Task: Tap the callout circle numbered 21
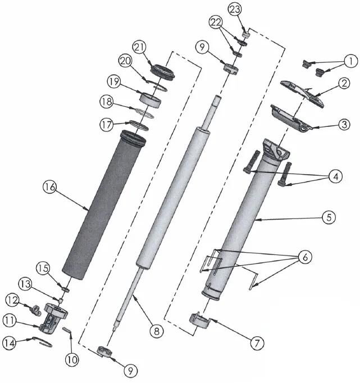(139, 47)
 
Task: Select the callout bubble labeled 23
(235, 10)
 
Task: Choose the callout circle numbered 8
(157, 331)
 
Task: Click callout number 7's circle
(257, 341)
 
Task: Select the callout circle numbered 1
(350, 60)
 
